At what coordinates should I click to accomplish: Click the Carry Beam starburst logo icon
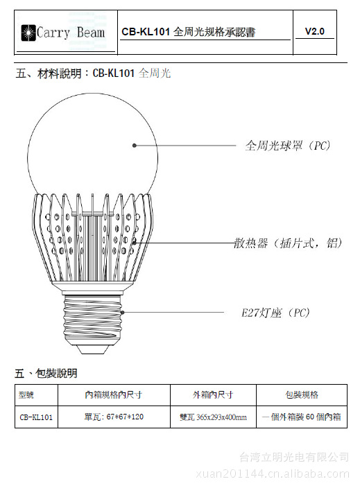tap(28, 33)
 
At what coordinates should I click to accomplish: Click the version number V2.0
tap(314, 31)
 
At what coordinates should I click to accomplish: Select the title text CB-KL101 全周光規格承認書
tap(189, 32)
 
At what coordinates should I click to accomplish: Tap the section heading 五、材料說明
tap(49, 73)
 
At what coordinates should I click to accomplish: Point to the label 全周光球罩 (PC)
tap(287, 146)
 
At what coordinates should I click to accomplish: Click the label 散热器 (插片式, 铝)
tap(288, 243)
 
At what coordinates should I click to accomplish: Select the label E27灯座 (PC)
tap(275, 313)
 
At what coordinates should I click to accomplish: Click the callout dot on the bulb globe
tap(135, 146)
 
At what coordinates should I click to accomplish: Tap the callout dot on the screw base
tap(122, 312)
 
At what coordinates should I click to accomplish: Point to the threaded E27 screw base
tap(92, 320)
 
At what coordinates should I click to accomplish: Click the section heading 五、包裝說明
tap(46, 373)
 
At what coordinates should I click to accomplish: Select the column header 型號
tap(26, 395)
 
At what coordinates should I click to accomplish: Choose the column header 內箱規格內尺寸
tap(113, 394)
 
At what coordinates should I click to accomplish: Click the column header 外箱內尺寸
tap(213, 394)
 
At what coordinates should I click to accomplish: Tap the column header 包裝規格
tap(302, 394)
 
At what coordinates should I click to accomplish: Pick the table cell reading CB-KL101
tap(36, 417)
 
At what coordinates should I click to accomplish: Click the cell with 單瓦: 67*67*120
tap(114, 417)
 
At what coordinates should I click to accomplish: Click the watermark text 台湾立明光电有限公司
tap(294, 458)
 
